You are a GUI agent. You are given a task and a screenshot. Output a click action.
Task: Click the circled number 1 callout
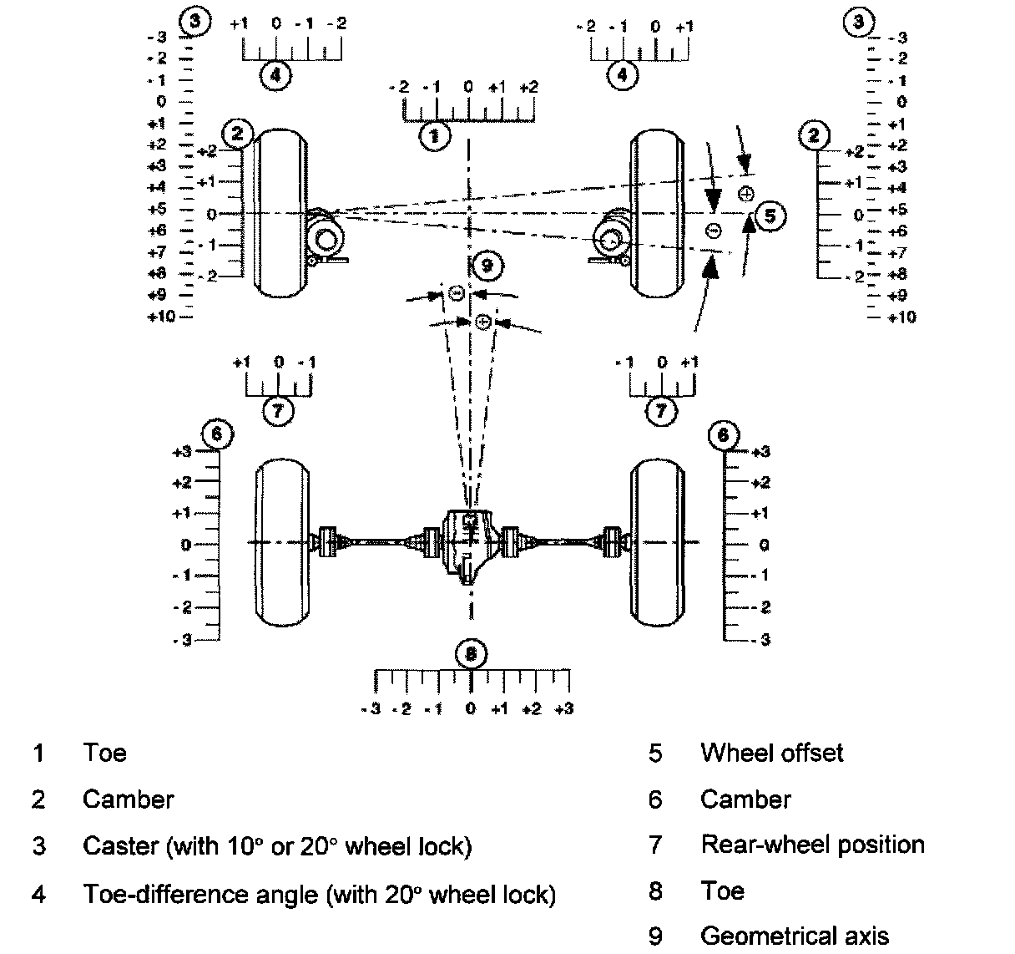coord(434,134)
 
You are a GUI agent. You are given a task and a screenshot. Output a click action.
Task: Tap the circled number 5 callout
coord(770,216)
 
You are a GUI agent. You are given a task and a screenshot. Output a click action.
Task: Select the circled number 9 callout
coord(487,266)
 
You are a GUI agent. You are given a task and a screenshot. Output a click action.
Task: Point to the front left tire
coord(282,213)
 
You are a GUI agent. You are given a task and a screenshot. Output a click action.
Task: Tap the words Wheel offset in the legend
coord(772,753)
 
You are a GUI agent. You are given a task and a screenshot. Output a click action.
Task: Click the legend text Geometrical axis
coord(795,936)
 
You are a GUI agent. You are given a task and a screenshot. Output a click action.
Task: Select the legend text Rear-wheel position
coord(812,845)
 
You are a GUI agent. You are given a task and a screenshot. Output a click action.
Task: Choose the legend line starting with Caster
coord(277,846)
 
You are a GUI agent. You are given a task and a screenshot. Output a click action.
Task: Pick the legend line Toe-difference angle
coord(319,895)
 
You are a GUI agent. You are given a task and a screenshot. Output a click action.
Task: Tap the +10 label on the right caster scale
coord(901,317)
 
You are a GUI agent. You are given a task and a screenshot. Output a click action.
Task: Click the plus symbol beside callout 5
coord(746,194)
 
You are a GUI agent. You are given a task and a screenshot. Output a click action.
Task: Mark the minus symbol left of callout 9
coord(456,292)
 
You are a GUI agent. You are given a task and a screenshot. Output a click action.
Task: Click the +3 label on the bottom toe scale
coord(564,709)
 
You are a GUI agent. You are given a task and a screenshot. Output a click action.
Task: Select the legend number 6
coord(655,799)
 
